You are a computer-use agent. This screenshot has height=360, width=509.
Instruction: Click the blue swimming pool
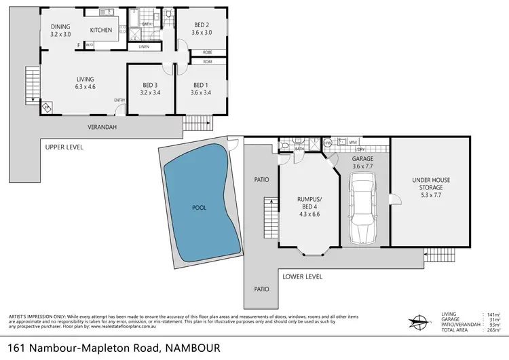(x=198, y=206)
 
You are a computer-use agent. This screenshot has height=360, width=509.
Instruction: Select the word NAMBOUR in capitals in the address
(x=193, y=348)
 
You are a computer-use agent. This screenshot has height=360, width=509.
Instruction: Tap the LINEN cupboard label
(x=143, y=48)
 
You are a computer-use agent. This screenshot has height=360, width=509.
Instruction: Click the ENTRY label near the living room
(x=120, y=101)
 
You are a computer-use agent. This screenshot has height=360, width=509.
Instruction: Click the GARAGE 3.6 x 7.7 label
(x=364, y=162)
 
